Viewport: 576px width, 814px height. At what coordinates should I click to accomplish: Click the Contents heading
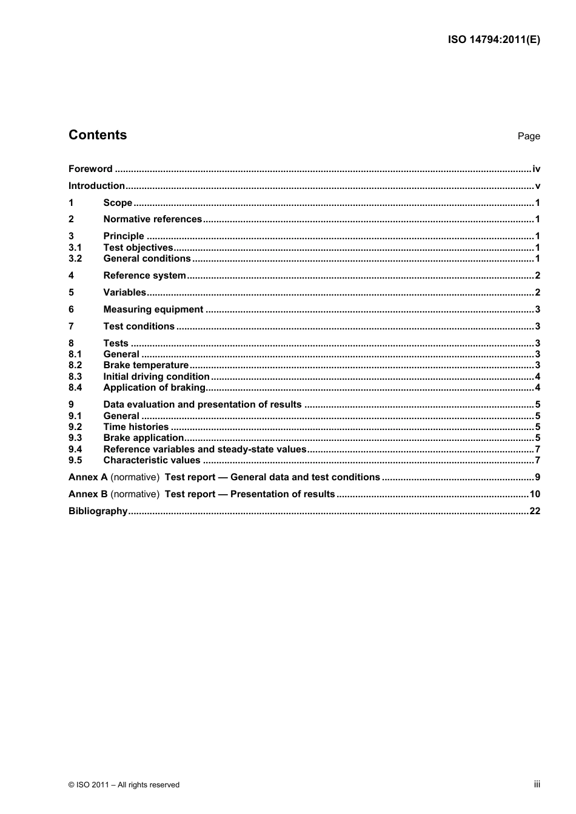(x=98, y=135)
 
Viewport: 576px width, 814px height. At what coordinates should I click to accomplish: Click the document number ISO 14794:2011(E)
(x=494, y=40)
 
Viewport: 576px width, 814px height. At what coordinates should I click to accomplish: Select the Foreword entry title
(x=90, y=169)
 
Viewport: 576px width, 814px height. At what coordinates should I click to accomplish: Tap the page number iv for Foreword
(x=536, y=169)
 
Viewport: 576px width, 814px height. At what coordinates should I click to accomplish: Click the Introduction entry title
(x=96, y=186)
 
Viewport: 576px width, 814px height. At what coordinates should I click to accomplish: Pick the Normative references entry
(x=152, y=219)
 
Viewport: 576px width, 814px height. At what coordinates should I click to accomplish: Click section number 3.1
(x=75, y=248)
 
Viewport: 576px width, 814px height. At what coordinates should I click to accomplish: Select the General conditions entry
(x=147, y=259)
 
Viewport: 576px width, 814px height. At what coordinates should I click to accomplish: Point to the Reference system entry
(x=144, y=276)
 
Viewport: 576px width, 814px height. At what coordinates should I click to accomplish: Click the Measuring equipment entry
(x=153, y=309)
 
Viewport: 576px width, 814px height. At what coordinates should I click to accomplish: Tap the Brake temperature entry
(x=146, y=365)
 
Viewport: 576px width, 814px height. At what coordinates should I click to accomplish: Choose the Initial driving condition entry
(x=156, y=377)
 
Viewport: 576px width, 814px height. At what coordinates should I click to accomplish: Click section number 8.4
(x=75, y=388)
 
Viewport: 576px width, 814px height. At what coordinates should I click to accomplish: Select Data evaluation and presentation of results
(x=202, y=405)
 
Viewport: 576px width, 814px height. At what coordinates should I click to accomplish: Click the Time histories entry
(x=136, y=427)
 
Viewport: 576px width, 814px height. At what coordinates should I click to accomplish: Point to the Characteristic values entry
(x=152, y=460)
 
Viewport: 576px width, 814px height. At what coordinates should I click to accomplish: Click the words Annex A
(x=88, y=477)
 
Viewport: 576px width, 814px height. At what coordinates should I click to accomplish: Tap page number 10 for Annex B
(x=535, y=494)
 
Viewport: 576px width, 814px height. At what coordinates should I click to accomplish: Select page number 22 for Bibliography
(x=535, y=511)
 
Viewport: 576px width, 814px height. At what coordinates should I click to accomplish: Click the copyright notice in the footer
(x=124, y=785)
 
